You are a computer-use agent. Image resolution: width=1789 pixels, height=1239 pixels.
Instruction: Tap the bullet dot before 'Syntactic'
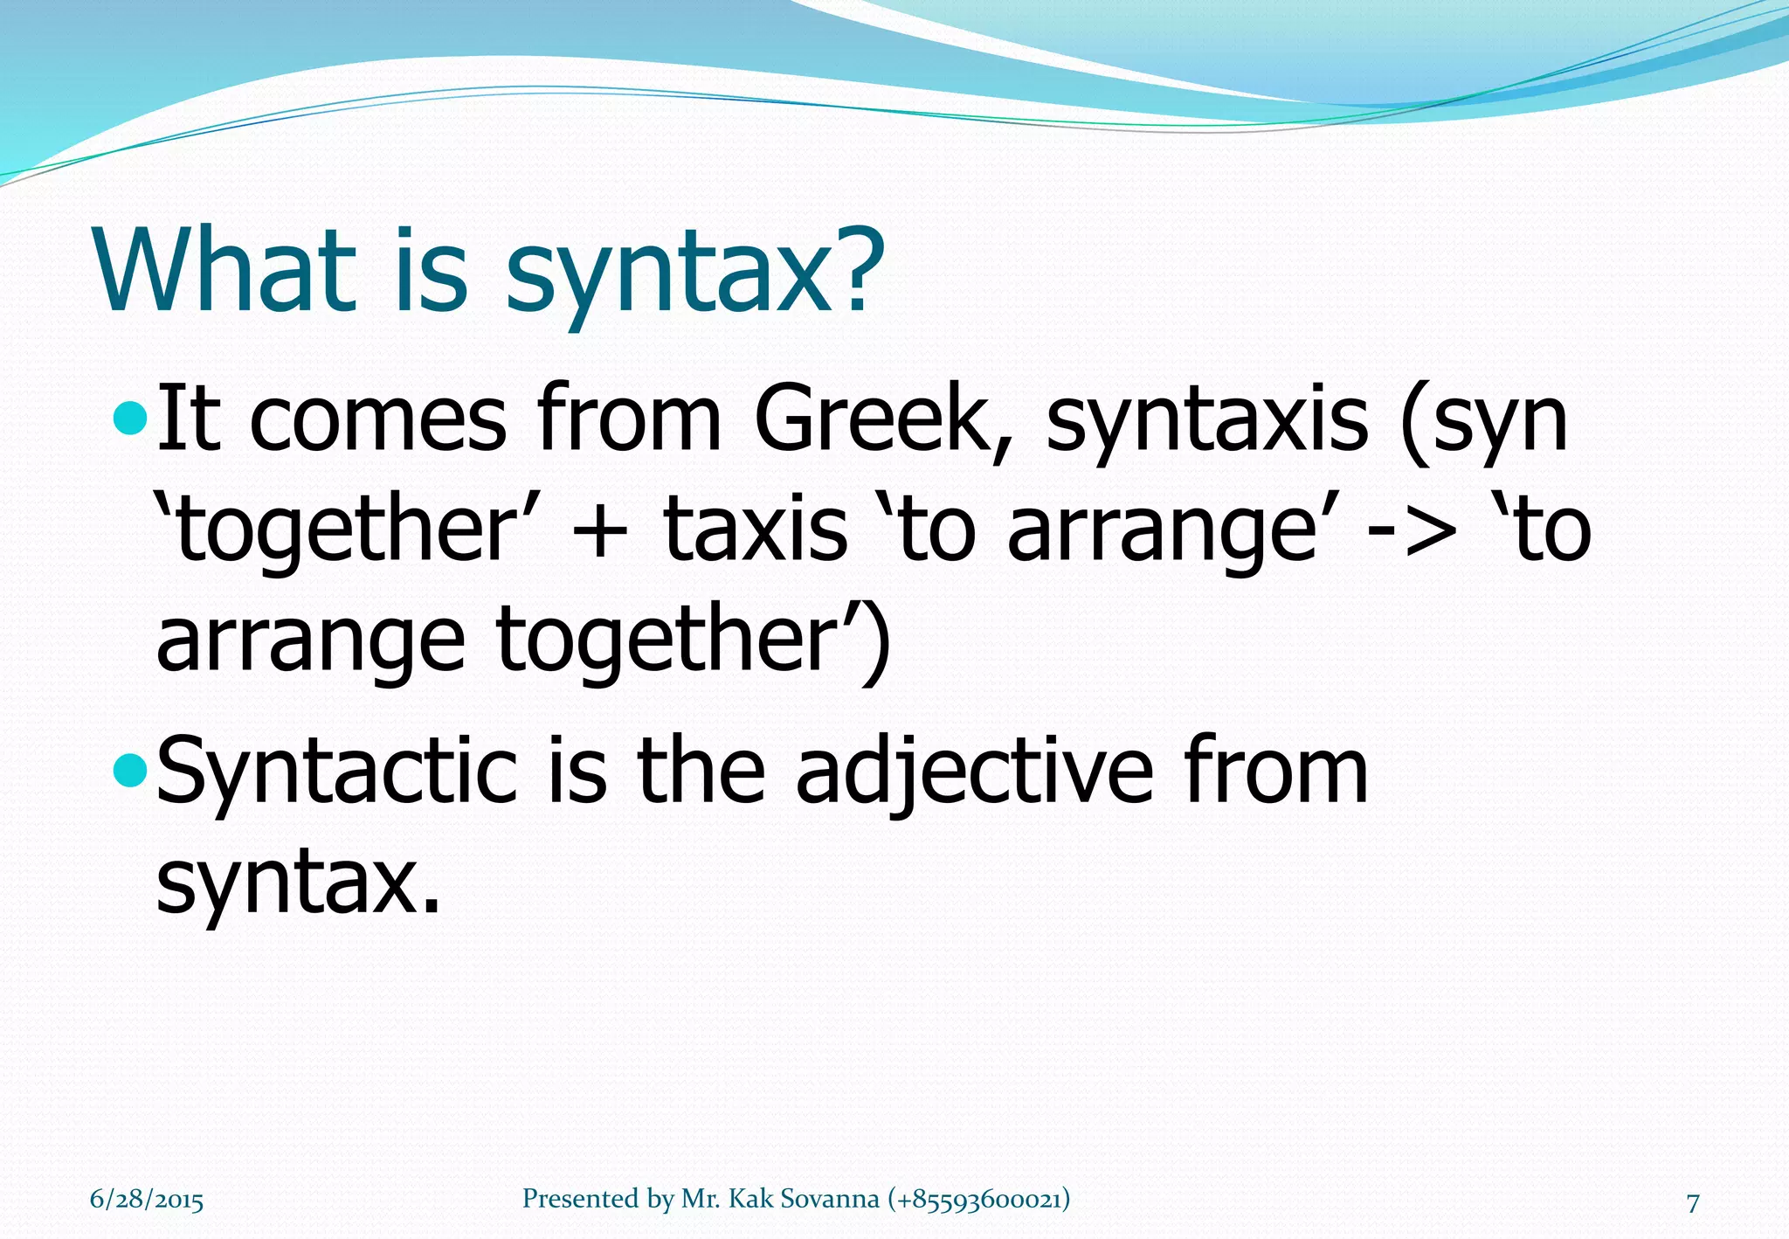pos(130,771)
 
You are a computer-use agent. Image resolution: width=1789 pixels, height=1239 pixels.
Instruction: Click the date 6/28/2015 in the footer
pos(147,1199)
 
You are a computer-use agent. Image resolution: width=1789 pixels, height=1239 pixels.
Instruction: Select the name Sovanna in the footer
pos(829,1199)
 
